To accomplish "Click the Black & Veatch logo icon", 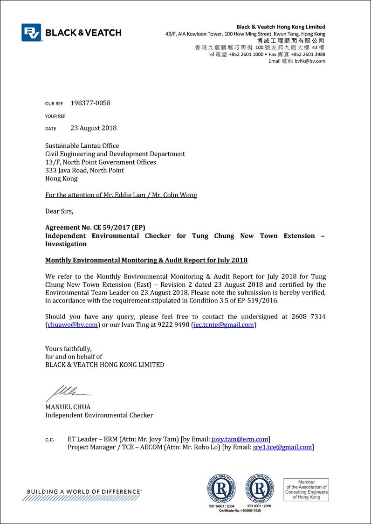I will (x=31, y=33).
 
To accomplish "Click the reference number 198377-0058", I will (x=90, y=103).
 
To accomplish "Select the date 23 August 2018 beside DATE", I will (x=93, y=128).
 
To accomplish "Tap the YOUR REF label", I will (x=55, y=116).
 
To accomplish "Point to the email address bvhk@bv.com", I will (x=310, y=61).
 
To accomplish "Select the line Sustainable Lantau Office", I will (x=82, y=145).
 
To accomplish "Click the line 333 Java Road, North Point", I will (x=84, y=170).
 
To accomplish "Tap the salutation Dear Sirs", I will (x=59, y=211).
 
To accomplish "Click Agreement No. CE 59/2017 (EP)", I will (x=95, y=228).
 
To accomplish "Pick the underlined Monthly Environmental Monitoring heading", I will (x=146, y=260).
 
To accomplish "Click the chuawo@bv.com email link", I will (x=72, y=325).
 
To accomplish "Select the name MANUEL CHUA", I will (x=68, y=407).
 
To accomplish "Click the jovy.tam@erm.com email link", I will (x=240, y=439).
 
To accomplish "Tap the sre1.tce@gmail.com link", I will (x=282, y=447).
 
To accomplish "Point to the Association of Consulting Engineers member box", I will (x=306, y=490).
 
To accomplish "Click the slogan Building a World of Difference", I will (x=84, y=491).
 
